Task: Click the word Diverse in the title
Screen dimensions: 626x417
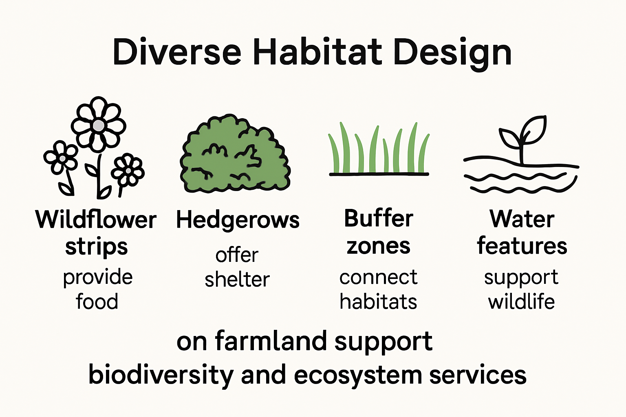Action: point(177,52)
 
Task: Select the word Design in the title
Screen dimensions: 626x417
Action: point(453,55)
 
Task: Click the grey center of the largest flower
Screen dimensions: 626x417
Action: point(98,126)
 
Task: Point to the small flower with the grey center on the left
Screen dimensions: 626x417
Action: point(61,158)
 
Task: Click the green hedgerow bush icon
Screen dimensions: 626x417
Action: point(235,154)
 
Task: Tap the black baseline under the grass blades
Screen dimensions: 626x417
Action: point(379,174)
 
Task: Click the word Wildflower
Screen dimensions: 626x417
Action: point(96,219)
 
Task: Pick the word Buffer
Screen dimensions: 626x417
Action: point(379,218)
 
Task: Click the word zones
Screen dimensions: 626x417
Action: point(378,246)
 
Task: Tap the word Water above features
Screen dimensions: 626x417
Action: point(522,219)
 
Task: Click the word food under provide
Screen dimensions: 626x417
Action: point(97,301)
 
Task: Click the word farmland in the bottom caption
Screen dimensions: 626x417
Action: point(271,341)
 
